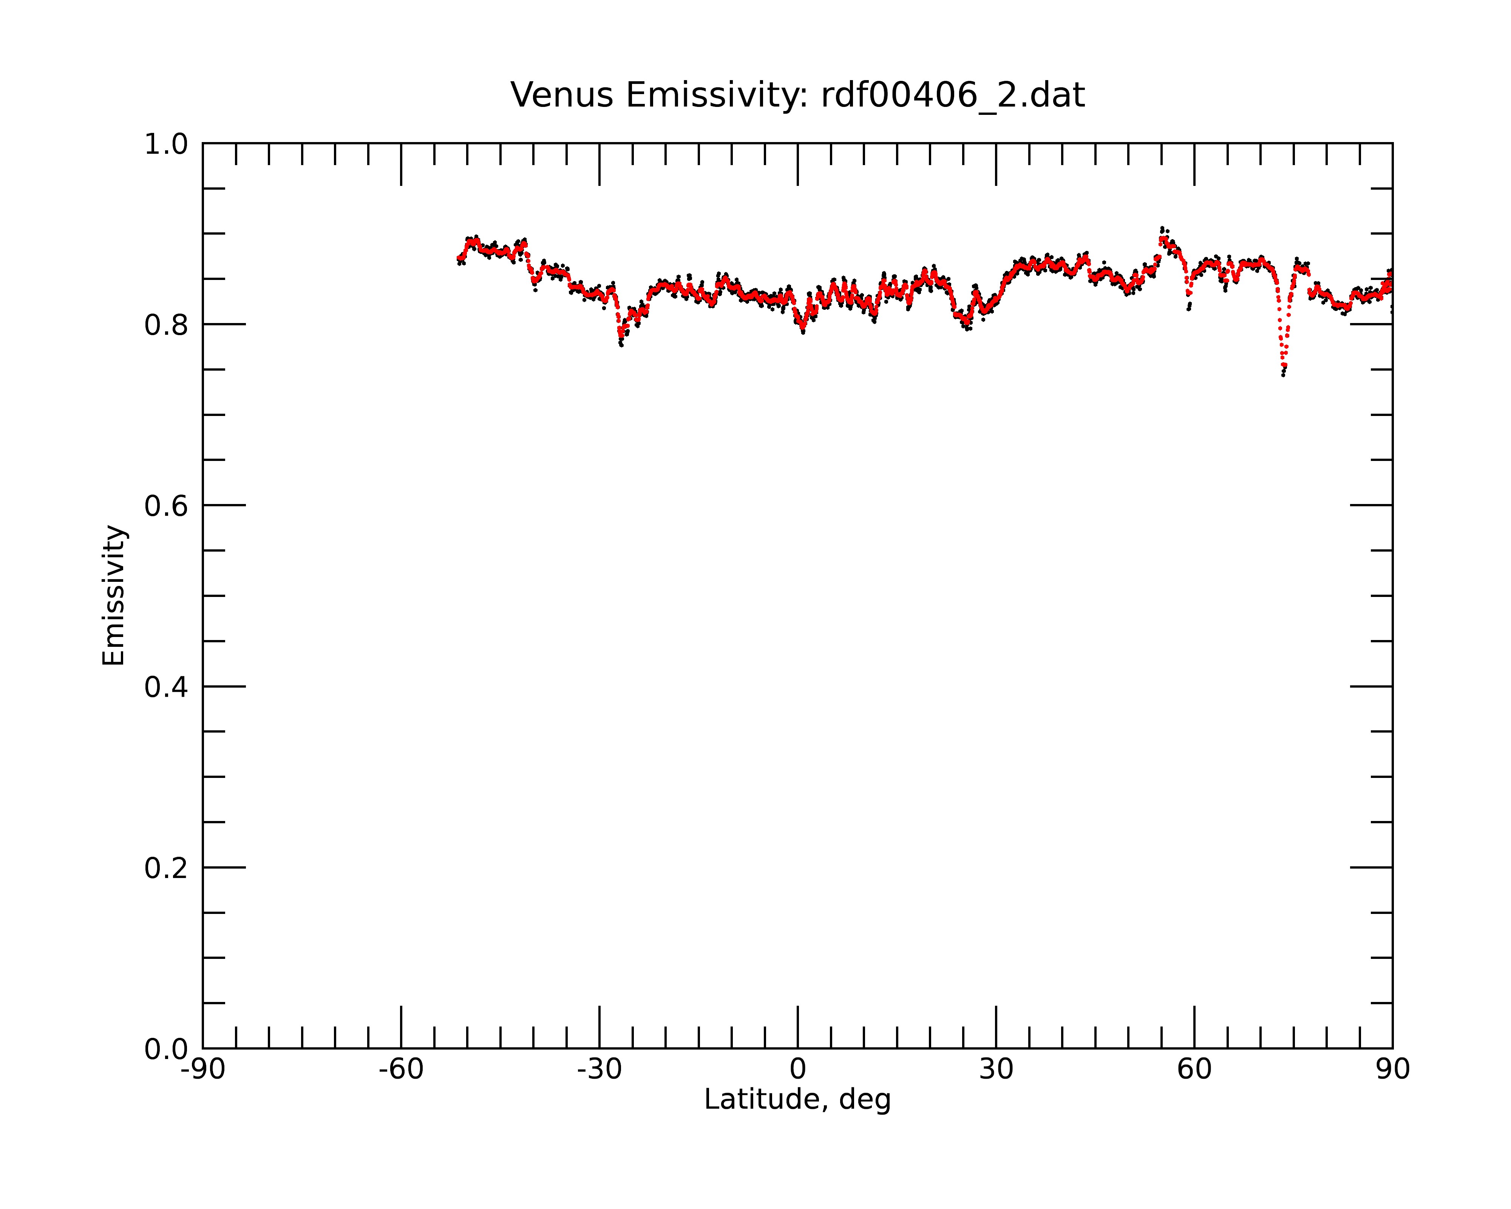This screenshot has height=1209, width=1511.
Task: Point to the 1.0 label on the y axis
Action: pyautogui.click(x=166, y=144)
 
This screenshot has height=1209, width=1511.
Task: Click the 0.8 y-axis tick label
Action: pyautogui.click(x=166, y=325)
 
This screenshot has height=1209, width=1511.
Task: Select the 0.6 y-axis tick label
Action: pyautogui.click(x=166, y=506)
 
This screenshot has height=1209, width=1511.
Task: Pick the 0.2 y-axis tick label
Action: pyautogui.click(x=166, y=868)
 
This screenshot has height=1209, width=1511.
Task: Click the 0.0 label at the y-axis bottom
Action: pyautogui.click(x=166, y=1049)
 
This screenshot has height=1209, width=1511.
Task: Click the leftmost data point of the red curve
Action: pyautogui.click(x=458, y=259)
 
